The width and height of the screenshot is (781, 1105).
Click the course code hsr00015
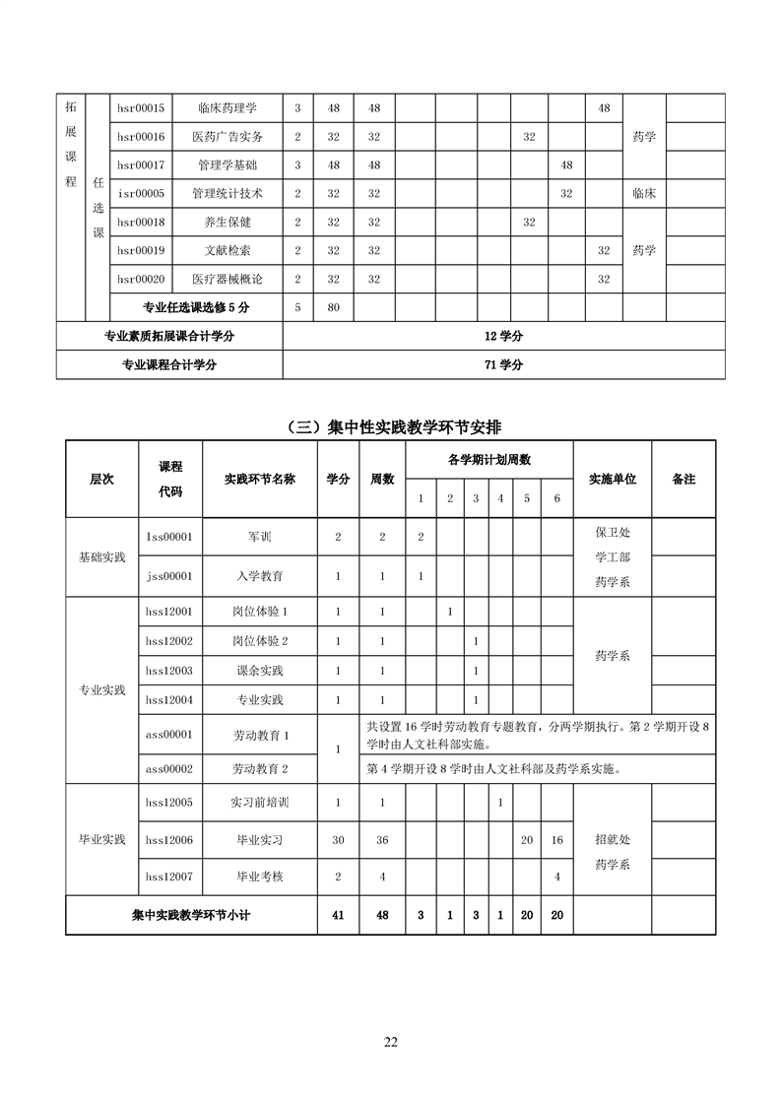(x=141, y=108)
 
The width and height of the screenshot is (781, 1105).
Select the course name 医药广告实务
(x=228, y=137)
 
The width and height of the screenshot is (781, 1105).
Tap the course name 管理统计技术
(x=228, y=194)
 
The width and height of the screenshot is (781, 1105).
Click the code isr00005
(x=141, y=194)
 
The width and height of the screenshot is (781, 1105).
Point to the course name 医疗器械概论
(x=228, y=280)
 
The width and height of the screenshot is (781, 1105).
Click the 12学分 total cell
(x=503, y=336)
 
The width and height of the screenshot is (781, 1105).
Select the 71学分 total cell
(x=503, y=364)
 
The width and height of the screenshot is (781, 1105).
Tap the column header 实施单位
(x=612, y=479)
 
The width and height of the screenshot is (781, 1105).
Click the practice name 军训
(x=260, y=537)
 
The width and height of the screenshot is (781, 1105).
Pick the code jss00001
(x=168, y=575)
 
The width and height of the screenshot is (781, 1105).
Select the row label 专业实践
(x=102, y=690)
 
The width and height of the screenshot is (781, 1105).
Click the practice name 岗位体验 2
(x=260, y=641)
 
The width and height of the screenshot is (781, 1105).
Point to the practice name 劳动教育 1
(x=260, y=735)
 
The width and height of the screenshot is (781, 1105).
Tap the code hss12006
(x=168, y=840)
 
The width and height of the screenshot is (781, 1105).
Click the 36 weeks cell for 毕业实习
(x=382, y=840)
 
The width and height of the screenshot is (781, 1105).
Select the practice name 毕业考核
(x=260, y=876)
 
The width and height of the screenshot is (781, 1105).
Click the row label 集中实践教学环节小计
(x=191, y=915)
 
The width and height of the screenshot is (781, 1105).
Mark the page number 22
(x=391, y=1043)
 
